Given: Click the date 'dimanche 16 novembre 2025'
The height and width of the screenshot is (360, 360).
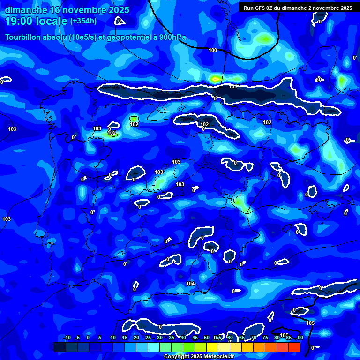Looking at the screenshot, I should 67,10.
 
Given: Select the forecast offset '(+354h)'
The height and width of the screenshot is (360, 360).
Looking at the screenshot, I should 83,21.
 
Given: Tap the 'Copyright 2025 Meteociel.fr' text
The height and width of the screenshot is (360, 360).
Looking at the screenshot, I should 199,357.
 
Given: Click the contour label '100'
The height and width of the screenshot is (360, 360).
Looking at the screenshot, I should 213,50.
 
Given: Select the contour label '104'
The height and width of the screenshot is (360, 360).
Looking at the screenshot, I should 190,284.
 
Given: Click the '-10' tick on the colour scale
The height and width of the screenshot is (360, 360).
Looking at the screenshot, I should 67,337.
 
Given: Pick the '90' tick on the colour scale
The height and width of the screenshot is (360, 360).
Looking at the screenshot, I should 300,337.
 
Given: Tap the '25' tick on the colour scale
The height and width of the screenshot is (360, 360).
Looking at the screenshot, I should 148,337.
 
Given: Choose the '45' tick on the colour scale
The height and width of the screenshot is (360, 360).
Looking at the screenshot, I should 195,337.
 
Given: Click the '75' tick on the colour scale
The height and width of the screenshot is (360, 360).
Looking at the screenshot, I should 265,337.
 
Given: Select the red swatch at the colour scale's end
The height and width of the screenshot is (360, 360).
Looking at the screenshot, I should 294,347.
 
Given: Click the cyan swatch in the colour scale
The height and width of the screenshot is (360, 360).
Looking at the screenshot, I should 154,347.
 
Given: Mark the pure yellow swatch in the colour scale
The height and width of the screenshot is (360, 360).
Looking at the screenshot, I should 212,347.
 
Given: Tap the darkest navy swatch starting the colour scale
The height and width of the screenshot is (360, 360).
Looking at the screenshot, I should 60,347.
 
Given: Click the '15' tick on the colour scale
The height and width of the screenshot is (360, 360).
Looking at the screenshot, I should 125,337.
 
